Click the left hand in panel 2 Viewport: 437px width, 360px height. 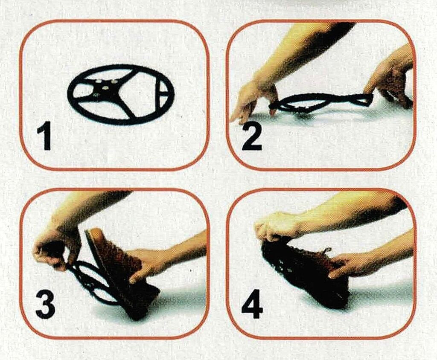click(253, 100)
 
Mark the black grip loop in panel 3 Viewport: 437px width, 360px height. click(92, 282)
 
